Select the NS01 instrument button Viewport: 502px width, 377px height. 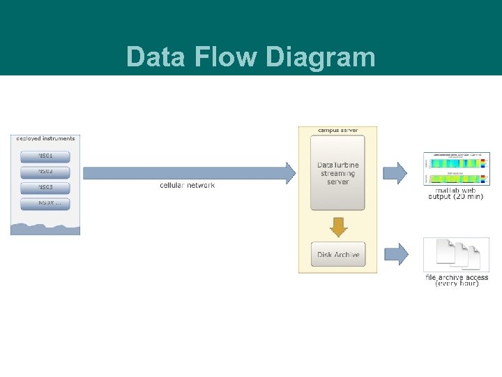coord(45,155)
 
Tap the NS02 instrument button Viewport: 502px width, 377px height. coord(45,171)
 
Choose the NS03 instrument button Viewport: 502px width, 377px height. coord(45,188)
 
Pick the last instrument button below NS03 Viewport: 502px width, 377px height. coord(45,204)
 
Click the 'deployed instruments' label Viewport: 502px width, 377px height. coord(45,138)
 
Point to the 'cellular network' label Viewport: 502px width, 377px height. coord(187,185)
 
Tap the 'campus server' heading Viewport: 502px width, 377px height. coord(337,131)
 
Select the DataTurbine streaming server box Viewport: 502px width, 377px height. coord(337,173)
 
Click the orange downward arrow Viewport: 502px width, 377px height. coord(337,226)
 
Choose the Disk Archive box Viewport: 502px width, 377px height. coord(337,254)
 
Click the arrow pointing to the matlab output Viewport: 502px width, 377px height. coord(395,172)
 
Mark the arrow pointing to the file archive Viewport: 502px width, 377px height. coord(395,253)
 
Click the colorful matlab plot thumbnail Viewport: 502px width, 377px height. coord(456,168)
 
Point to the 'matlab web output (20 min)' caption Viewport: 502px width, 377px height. coord(456,193)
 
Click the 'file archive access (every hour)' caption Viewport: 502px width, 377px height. coord(457,280)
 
